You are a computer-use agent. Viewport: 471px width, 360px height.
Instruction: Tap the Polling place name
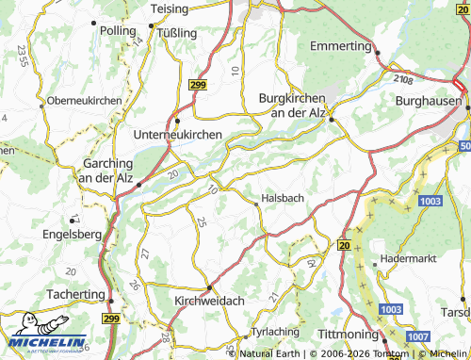click(x=118, y=31)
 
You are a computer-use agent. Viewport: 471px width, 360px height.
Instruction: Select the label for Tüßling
click(x=175, y=33)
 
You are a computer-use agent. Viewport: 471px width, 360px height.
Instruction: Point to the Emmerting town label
click(x=340, y=45)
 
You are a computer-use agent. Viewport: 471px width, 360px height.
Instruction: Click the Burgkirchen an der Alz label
click(x=292, y=106)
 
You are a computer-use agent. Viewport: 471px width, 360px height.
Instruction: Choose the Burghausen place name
click(x=429, y=100)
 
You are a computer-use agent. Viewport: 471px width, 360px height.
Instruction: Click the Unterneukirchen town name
click(x=179, y=135)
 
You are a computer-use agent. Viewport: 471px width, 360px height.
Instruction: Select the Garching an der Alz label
click(x=106, y=170)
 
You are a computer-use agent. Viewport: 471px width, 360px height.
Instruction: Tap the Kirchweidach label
click(x=210, y=300)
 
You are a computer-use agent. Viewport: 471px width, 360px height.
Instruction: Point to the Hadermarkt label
click(x=406, y=256)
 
